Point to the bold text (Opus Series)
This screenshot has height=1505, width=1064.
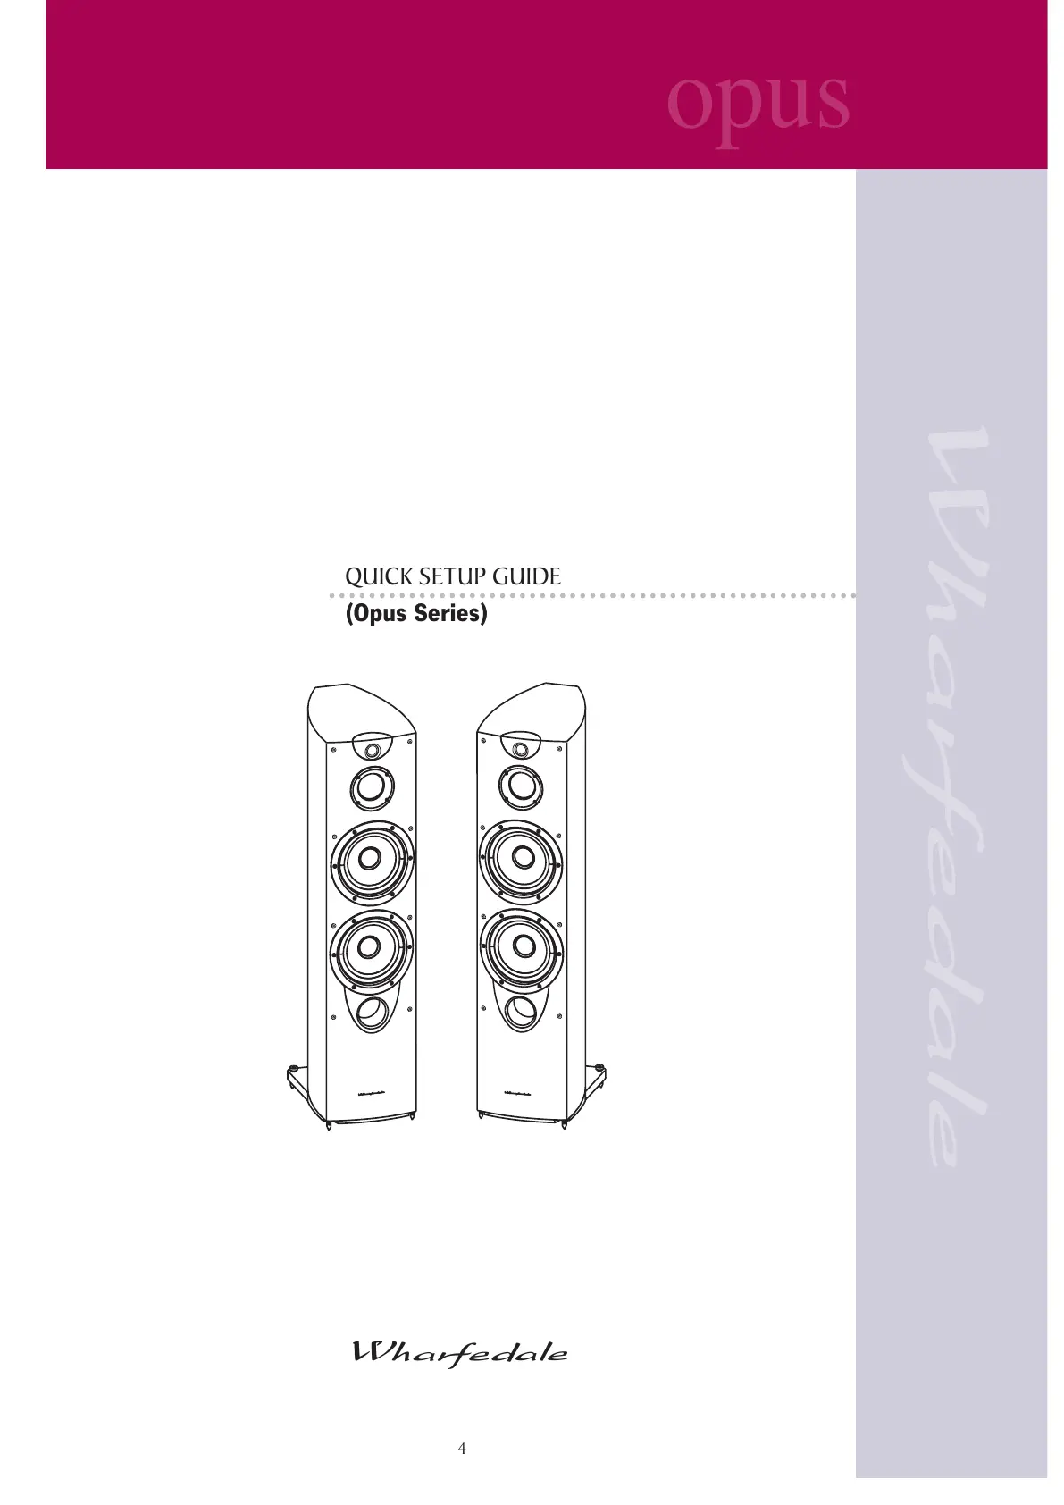pyautogui.click(x=416, y=613)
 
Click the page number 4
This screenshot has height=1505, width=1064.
pyautogui.click(x=462, y=1449)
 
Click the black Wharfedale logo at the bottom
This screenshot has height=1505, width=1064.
pyautogui.click(x=460, y=1353)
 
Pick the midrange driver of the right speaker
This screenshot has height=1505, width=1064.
pyautogui.click(x=521, y=788)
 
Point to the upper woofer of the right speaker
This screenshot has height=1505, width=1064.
pyautogui.click(x=522, y=861)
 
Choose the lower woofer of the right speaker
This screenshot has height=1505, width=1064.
pyautogui.click(x=522, y=948)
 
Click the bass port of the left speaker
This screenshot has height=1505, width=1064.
pyautogui.click(x=371, y=1013)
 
